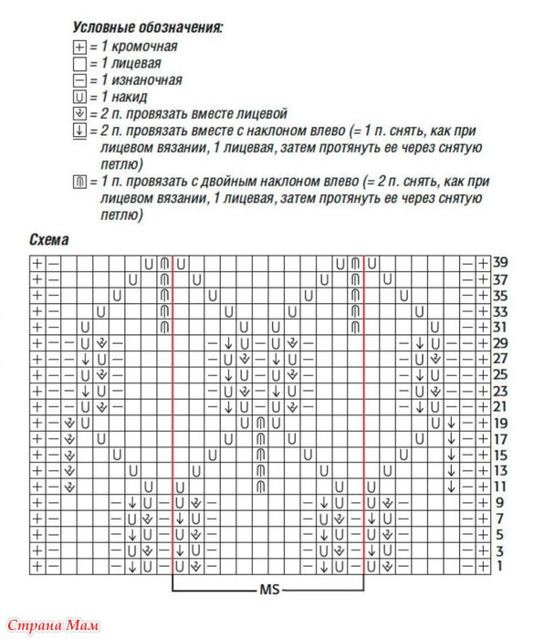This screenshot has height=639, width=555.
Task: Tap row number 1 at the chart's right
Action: (x=499, y=567)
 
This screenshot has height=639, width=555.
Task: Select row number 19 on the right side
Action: (x=499, y=423)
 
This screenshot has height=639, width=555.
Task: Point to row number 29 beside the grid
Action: (x=499, y=342)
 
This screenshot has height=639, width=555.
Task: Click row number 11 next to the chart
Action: (x=499, y=487)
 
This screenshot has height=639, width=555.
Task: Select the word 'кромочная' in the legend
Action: (x=141, y=46)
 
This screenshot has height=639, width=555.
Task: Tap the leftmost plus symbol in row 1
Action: (x=37, y=567)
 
